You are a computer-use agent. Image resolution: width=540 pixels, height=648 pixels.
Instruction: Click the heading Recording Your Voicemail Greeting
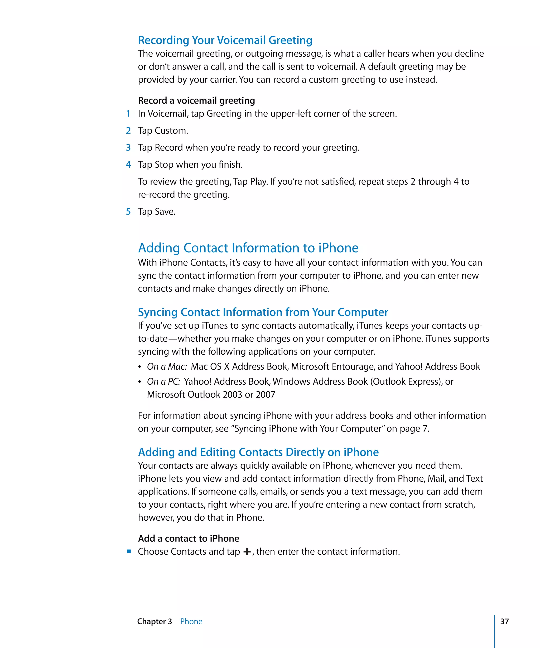pos(225,40)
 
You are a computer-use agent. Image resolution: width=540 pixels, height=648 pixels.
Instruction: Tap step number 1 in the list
pos(128,114)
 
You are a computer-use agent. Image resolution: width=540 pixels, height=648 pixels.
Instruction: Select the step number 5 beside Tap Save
pos(128,212)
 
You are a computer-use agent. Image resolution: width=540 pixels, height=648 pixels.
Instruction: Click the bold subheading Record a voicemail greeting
pos(196,101)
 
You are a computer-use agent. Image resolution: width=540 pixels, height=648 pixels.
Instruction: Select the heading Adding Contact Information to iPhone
pos(248,248)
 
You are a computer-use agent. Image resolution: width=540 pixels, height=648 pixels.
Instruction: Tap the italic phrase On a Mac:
pos(167,367)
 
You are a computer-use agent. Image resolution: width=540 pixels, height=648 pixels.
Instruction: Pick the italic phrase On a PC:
pos(163,382)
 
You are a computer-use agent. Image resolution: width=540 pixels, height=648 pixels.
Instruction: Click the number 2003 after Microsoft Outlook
pos(232,395)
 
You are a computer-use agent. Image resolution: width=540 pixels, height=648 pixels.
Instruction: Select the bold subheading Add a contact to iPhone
pos(188,538)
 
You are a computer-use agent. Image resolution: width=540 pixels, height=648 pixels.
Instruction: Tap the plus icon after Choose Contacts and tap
pos(247,552)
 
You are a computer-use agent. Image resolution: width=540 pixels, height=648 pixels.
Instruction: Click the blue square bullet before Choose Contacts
pos(129,552)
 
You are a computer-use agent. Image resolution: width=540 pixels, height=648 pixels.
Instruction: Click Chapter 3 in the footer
pos(154,621)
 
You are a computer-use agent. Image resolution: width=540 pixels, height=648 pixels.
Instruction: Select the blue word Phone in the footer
pos(191,621)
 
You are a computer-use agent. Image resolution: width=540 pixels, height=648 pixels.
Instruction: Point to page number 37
pos(504,621)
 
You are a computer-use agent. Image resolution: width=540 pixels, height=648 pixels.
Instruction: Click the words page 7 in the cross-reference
pos(413,429)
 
